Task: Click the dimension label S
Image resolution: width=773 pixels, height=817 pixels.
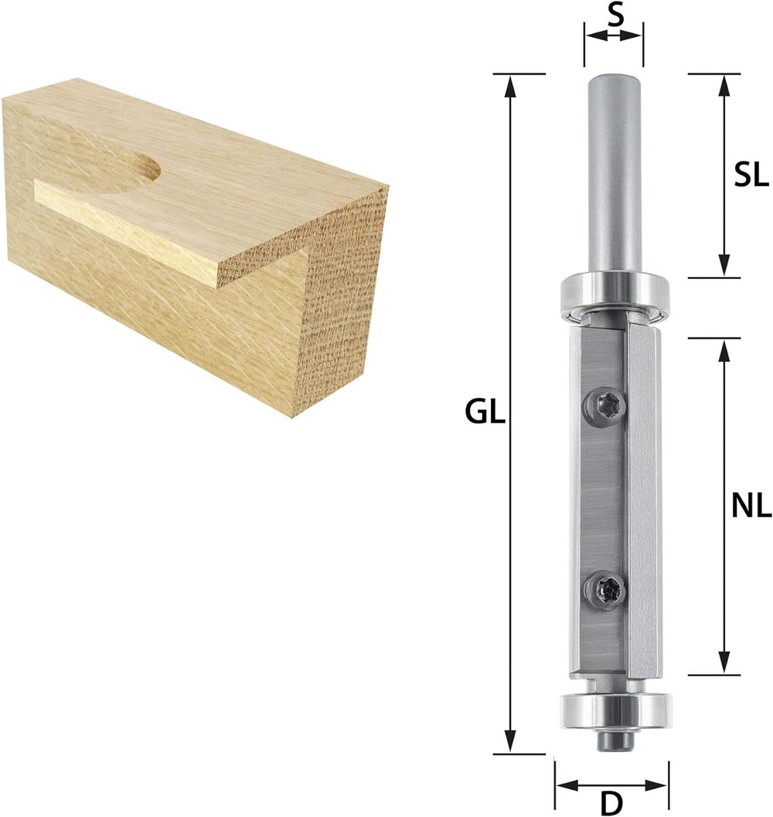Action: coord(615,16)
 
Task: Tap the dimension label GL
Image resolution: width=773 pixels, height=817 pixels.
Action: coord(485,414)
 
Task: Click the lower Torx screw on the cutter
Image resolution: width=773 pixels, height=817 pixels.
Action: coord(604,591)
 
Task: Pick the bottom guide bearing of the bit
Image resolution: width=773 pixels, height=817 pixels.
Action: coord(615,710)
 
